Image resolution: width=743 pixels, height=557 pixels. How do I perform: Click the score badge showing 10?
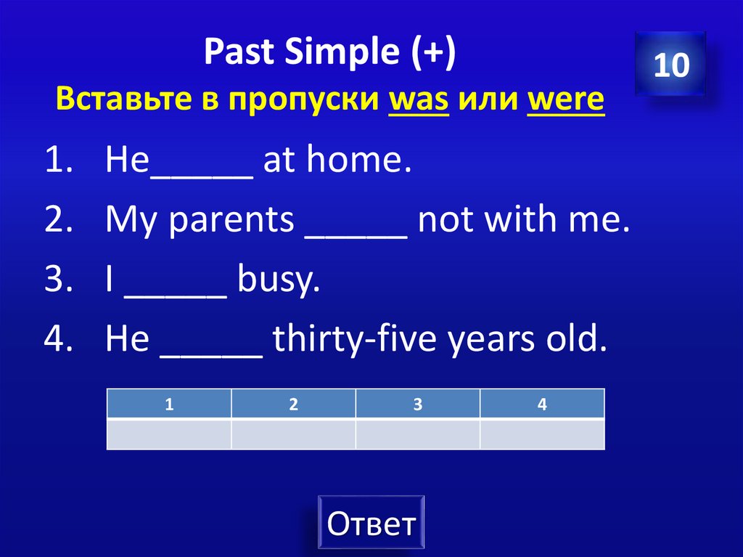(670, 65)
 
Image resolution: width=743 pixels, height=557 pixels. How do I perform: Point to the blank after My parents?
(356, 222)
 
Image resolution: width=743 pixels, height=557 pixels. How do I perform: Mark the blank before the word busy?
(177, 282)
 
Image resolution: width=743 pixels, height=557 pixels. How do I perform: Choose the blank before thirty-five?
(211, 340)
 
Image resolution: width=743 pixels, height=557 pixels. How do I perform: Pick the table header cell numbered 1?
(169, 404)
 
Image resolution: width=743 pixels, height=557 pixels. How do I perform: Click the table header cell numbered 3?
(417, 404)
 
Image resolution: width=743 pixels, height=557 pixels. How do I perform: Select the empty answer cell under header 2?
(293, 434)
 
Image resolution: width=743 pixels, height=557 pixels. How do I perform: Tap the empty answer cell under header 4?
(542, 434)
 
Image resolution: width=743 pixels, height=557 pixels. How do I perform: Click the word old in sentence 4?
(578, 338)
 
